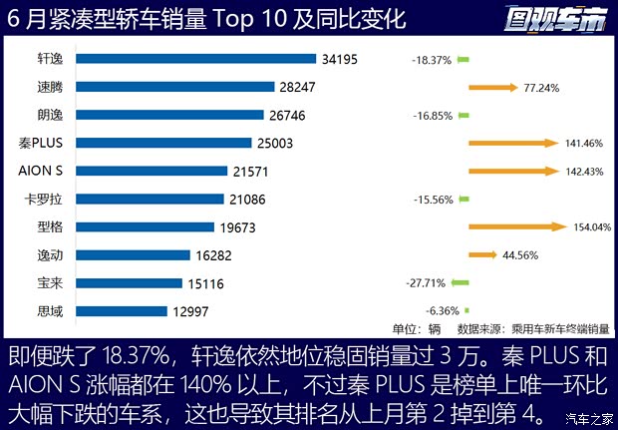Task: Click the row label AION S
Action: coord(42,171)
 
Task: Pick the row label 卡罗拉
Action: coord(44,199)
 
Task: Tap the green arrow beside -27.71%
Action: coord(461,283)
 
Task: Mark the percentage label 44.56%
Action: coord(520,255)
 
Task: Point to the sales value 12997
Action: coord(190,311)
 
